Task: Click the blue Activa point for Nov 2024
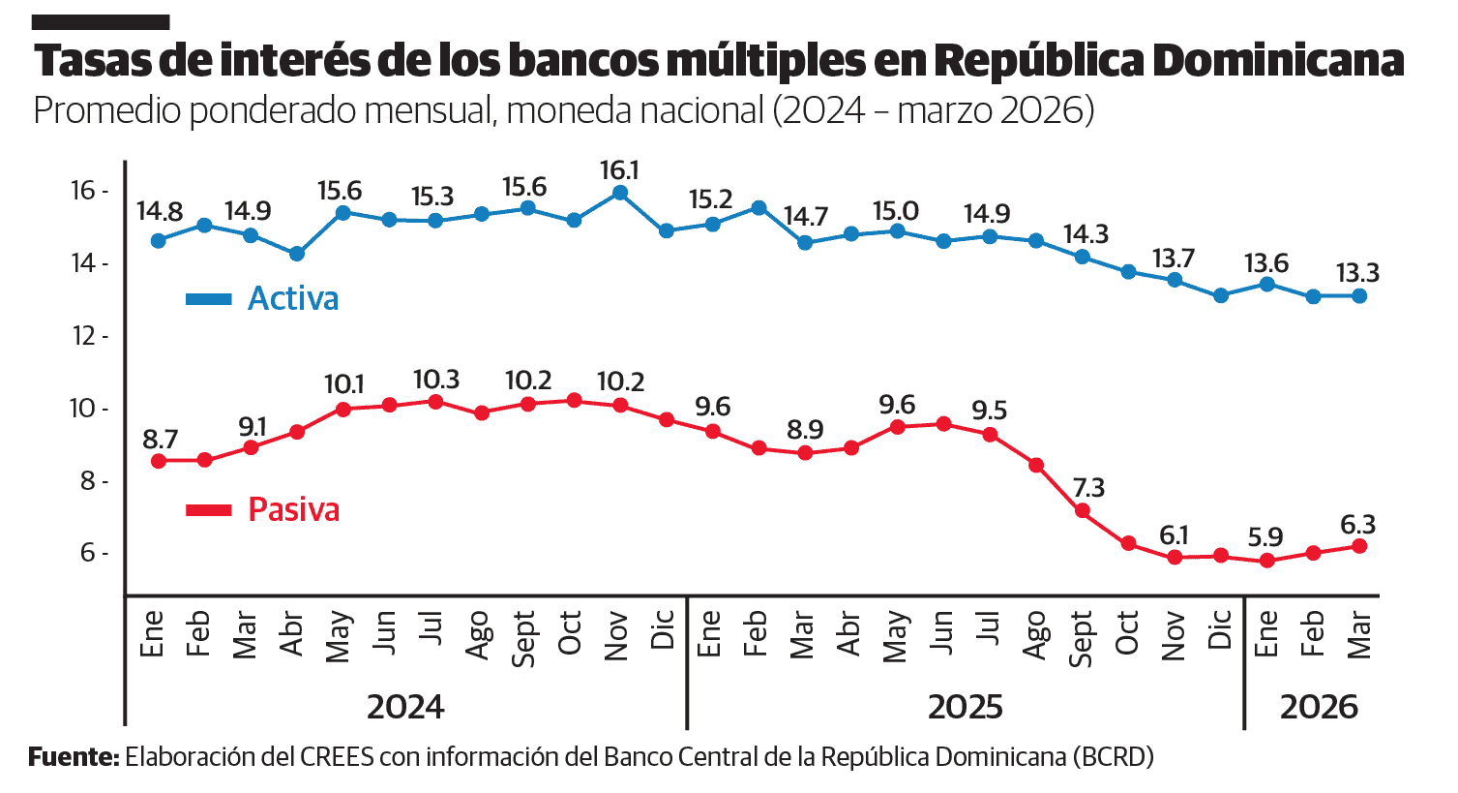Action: coord(620,193)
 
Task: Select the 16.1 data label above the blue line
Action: coord(619,170)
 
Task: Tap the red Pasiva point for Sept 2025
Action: coord(1083,510)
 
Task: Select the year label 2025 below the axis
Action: coord(965,707)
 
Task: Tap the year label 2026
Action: coord(1319,707)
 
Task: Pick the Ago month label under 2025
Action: coord(1035,634)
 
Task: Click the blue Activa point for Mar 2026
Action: coord(1359,296)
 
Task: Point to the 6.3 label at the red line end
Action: coord(1357,525)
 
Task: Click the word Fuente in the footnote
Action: coord(73,756)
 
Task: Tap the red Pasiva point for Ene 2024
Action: coord(158,461)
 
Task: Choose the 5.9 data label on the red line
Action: coord(1265,537)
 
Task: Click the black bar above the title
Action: coord(102,21)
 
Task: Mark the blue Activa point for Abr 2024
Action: coord(297,254)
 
